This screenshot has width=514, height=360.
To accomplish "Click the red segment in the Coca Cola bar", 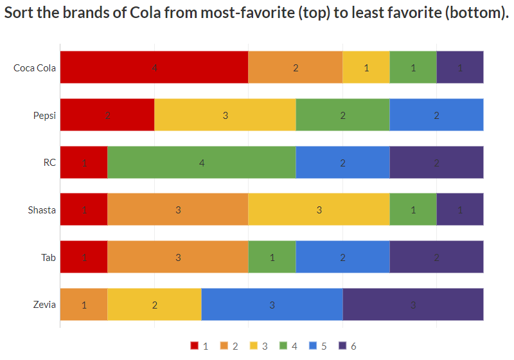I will [154, 67].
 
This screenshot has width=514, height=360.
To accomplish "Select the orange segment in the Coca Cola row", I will [296, 67].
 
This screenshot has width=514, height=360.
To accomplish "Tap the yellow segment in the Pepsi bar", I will [225, 115].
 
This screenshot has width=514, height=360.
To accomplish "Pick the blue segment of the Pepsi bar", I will [436, 115].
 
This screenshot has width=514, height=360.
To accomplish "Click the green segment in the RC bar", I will [201, 163].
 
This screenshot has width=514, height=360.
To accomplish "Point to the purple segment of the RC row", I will [436, 163].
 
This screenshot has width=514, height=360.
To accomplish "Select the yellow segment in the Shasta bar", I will [319, 210].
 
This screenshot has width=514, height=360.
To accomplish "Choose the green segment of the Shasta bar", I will [413, 210].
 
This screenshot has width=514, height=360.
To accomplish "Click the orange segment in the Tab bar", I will [178, 257].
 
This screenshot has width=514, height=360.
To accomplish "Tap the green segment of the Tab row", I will [272, 257].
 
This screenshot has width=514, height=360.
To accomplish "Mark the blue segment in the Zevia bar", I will [272, 305].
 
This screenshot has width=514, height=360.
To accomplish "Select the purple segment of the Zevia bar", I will [413, 305].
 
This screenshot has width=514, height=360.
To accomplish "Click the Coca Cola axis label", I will [35, 67].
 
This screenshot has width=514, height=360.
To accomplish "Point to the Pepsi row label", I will [44, 116].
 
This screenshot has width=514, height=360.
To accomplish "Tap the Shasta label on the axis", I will [42, 210].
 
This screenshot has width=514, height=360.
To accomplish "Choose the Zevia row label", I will [45, 305].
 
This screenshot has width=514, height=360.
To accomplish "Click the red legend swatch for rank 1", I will [195, 346].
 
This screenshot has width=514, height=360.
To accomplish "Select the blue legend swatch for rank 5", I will [314, 346].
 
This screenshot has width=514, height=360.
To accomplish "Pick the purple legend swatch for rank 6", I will [343, 346].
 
